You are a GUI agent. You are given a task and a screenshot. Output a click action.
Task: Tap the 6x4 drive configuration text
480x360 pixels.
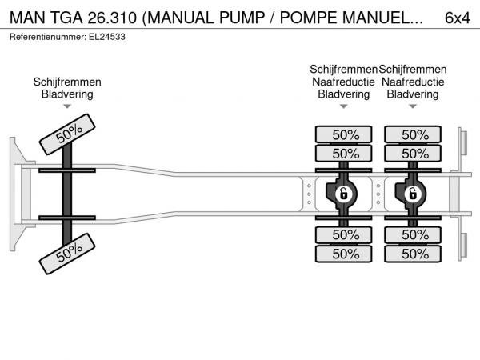pos(456,17)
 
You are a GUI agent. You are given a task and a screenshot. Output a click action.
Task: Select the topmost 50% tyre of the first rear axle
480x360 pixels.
pos(345,134)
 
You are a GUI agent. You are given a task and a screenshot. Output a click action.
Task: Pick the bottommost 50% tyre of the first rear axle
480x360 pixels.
pos(345,254)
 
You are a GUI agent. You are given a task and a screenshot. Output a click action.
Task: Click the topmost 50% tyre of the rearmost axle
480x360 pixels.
pos(414,134)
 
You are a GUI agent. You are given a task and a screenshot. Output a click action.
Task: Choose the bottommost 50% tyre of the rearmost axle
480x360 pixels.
pos(414,254)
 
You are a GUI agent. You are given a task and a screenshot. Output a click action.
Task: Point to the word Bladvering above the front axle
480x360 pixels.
pos(67,94)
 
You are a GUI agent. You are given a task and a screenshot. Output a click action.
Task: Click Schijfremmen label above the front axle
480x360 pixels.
pos(67,82)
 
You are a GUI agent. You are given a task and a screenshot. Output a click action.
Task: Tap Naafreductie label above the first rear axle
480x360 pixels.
pos(344,82)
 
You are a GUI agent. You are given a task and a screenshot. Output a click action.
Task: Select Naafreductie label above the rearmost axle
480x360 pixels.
pos(413,82)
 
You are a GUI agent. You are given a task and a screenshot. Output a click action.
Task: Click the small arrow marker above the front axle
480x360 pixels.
pos(67,106)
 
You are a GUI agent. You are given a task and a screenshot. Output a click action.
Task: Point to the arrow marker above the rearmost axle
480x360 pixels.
pos(413,106)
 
